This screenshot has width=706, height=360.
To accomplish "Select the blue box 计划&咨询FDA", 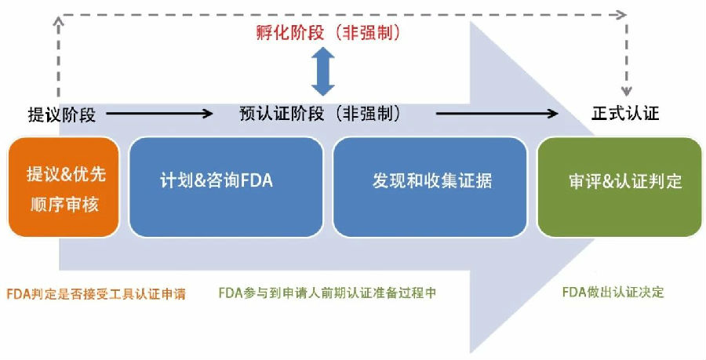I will pos(224,187).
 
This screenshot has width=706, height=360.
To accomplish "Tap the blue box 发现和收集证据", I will pos(431,187).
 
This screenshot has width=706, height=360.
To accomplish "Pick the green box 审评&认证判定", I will pos(620,187).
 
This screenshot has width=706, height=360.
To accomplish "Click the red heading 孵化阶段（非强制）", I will pos(322,33).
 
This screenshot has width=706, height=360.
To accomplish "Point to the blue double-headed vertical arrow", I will pos(322,71).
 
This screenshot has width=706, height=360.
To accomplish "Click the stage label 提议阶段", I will pos(62,115).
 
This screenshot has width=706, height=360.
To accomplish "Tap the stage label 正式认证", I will pos(624,114).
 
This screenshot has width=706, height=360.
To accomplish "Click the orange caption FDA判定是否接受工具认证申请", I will pos(95,294).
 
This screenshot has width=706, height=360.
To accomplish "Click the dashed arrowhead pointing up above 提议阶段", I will pos(60,23).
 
